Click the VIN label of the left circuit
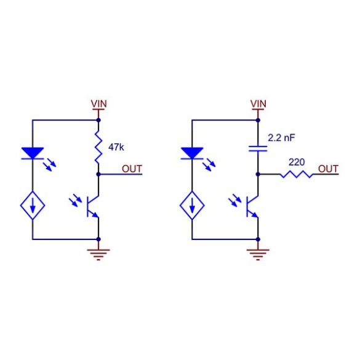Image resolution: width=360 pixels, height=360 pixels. [x=99, y=104]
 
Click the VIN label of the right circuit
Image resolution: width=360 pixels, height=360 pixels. [x=258, y=104]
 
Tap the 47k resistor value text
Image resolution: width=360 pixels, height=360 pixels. [x=116, y=147]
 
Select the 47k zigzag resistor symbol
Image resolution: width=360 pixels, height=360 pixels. [x=98, y=147]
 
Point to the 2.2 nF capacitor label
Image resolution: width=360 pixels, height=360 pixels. [x=281, y=138]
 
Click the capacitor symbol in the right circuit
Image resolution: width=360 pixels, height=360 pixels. [x=258, y=148]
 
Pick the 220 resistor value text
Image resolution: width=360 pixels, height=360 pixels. [x=297, y=162]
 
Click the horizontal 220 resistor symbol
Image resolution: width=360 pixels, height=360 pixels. [x=297, y=174]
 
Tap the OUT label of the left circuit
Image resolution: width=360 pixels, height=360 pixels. [x=132, y=169]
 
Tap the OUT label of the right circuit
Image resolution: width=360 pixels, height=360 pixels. [x=329, y=169]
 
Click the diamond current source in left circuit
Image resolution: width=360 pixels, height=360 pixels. [x=33, y=206]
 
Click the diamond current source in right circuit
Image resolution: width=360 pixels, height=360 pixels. [x=192, y=206]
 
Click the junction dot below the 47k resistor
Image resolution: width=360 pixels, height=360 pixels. [x=98, y=175]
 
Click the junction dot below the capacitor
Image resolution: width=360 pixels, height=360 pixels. [x=258, y=175]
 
